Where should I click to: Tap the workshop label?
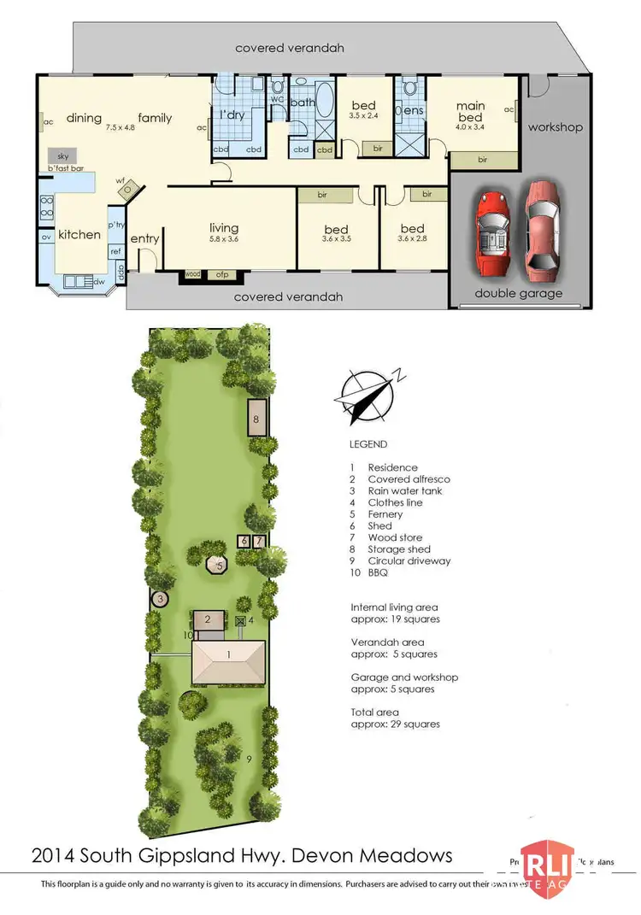point(555,127)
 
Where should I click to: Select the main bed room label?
point(470,112)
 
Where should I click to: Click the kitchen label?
point(79,233)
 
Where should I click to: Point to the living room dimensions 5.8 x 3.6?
point(223,240)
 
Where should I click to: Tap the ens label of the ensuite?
point(413,110)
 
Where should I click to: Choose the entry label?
point(144,239)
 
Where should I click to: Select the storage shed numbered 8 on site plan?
point(256,419)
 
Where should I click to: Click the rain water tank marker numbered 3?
point(160,599)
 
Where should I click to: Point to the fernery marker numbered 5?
point(220,566)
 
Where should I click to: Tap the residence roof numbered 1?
point(228,664)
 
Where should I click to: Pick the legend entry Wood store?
point(396,537)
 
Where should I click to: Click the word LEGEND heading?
point(368,444)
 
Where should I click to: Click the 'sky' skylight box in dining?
point(62,156)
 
